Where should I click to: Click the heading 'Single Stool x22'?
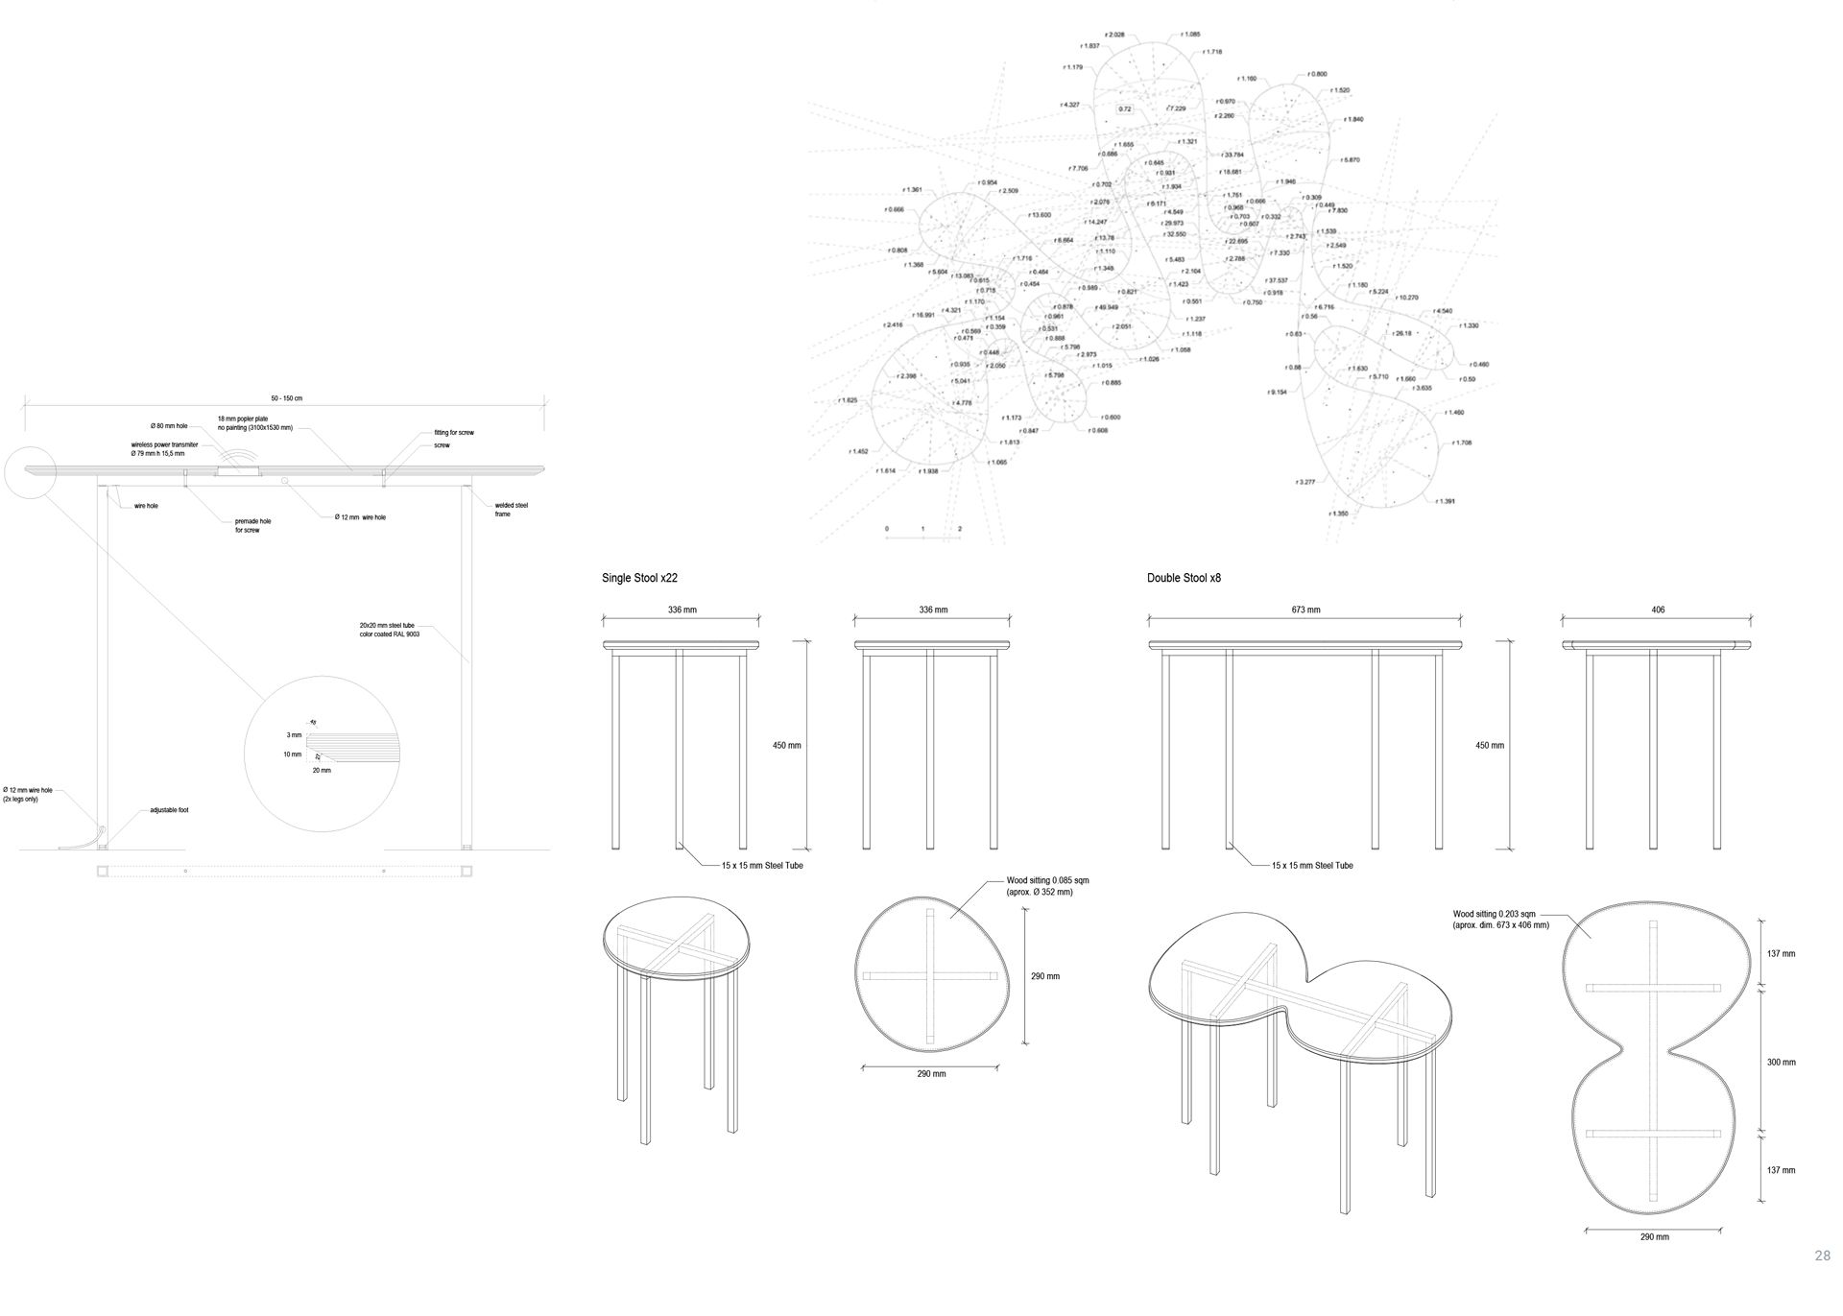point(639,578)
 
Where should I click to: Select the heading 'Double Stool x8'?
point(1184,578)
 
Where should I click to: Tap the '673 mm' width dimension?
point(1305,610)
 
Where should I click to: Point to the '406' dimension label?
point(1658,610)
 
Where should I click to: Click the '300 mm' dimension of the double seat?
point(1781,1063)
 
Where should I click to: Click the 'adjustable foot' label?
point(169,810)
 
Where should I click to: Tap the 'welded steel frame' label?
point(511,510)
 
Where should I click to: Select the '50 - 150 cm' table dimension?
point(286,398)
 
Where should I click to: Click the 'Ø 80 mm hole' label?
point(169,425)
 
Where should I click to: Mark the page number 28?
point(1822,1256)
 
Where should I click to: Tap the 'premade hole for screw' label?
point(252,525)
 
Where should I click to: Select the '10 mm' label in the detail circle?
point(292,754)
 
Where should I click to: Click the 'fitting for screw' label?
point(453,433)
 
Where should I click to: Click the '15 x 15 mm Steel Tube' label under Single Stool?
point(762,866)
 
